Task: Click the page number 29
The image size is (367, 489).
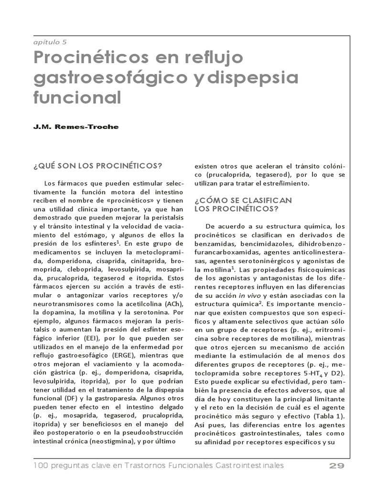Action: [x=337, y=466]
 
